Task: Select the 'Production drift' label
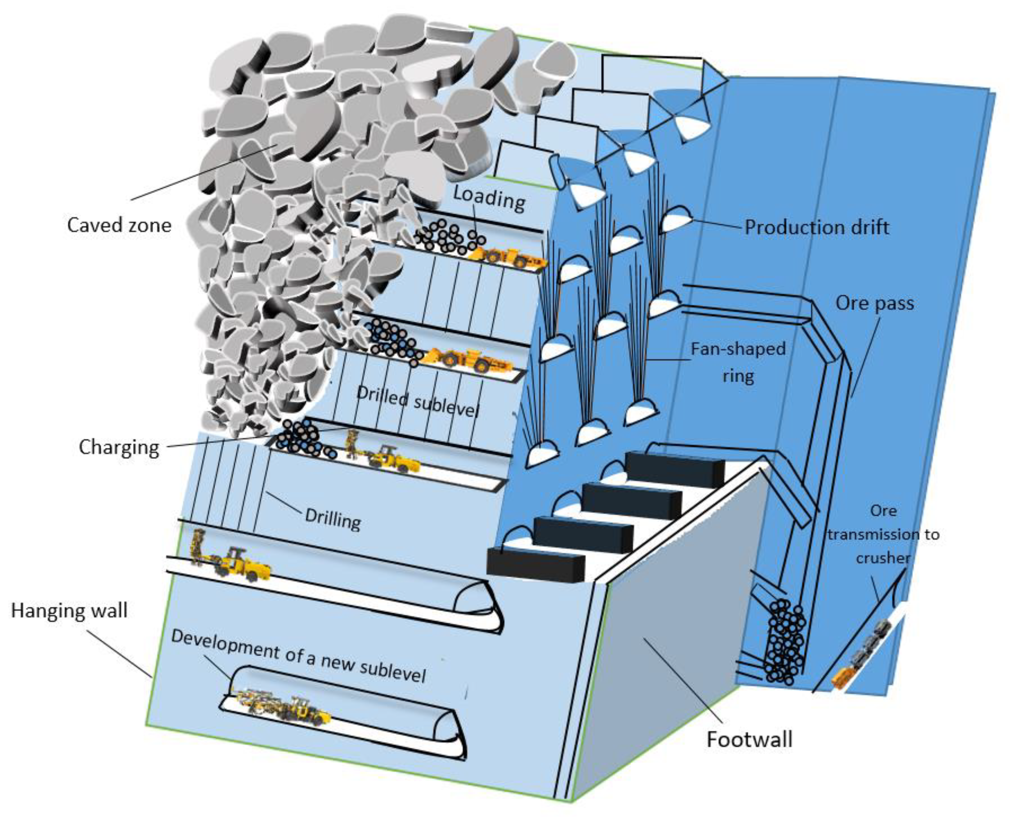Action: click(x=816, y=227)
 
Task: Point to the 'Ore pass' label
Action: click(x=875, y=303)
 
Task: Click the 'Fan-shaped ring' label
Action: click(x=738, y=362)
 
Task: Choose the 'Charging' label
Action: click(x=119, y=447)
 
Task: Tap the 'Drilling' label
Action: click(x=333, y=519)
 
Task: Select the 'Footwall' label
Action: click(x=749, y=739)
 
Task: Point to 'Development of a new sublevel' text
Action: click(x=298, y=656)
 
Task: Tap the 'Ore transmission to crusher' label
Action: click(x=883, y=534)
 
